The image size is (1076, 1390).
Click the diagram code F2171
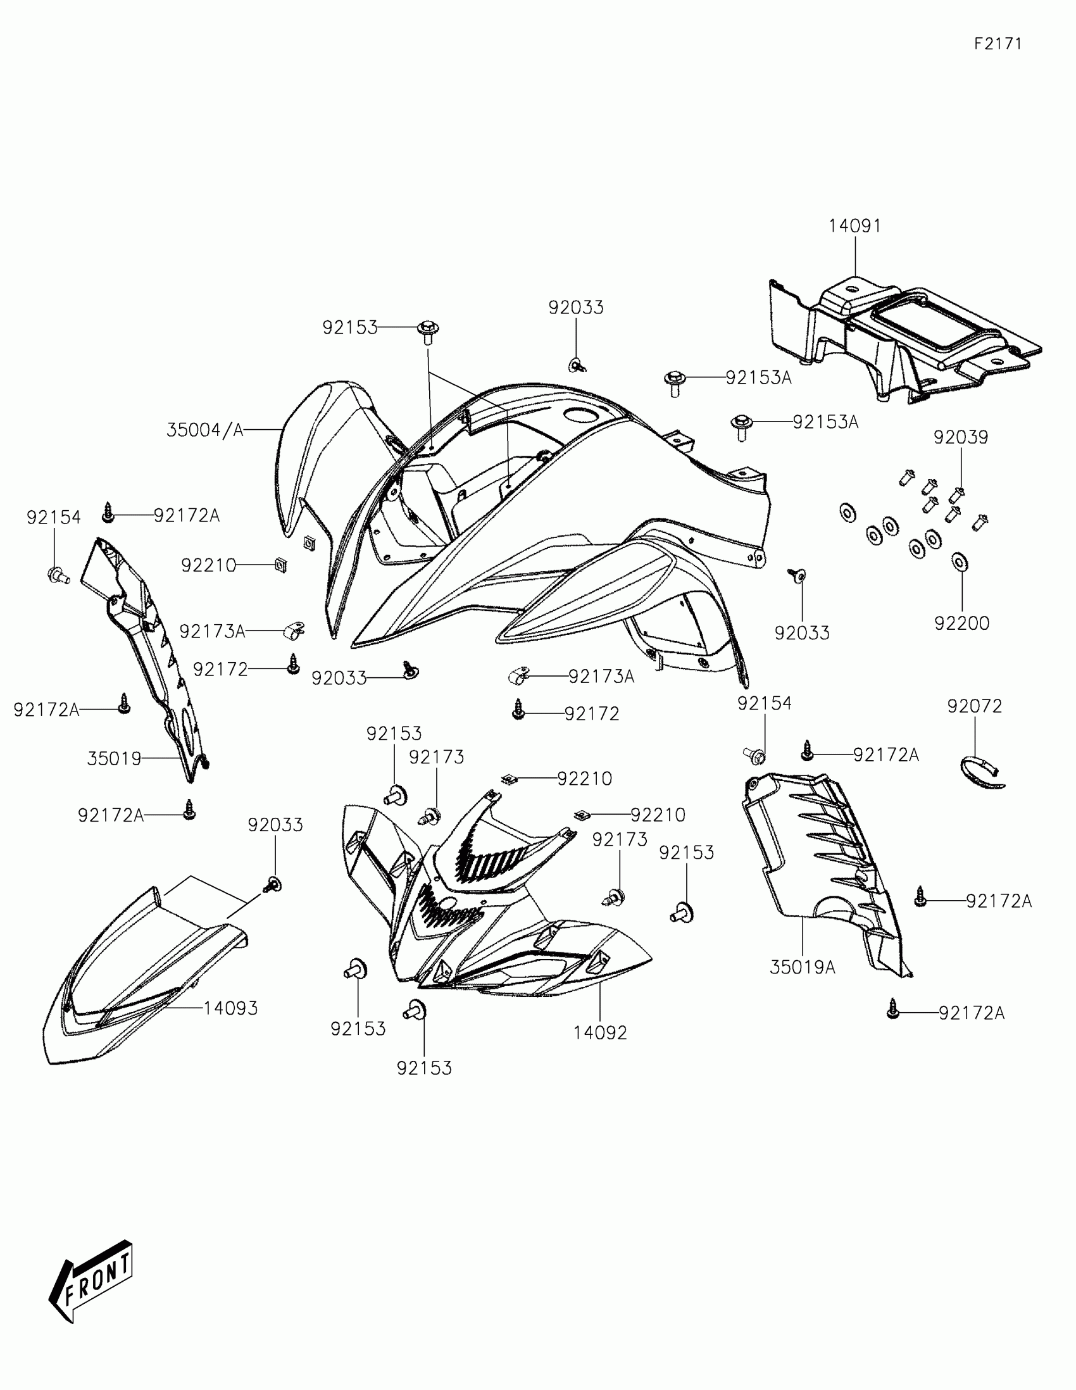click(x=998, y=44)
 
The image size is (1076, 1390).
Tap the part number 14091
click(x=854, y=226)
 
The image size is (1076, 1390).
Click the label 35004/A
click(x=205, y=430)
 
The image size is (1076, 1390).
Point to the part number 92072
click(x=974, y=706)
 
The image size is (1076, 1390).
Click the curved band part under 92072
click(x=980, y=772)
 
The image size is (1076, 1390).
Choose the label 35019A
click(x=802, y=968)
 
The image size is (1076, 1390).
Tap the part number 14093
click(x=230, y=1008)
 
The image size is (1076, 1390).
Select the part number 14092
click(x=600, y=1032)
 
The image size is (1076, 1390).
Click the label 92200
click(x=961, y=623)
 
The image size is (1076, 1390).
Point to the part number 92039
click(x=961, y=437)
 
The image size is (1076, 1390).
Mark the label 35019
click(x=114, y=759)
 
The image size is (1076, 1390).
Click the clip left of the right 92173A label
click(x=518, y=676)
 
